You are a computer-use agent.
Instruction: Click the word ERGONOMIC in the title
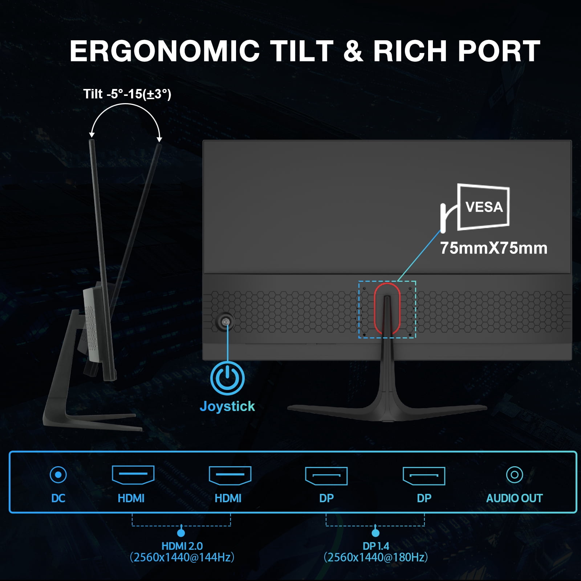[165, 51]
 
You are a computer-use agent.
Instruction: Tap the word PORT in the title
[499, 51]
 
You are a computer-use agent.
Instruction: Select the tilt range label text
[127, 94]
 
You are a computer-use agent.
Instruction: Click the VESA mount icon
[475, 207]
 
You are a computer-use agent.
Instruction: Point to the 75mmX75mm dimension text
[493, 248]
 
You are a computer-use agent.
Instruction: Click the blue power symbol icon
[227, 378]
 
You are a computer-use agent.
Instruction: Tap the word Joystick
[227, 406]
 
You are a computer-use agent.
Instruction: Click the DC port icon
[58, 475]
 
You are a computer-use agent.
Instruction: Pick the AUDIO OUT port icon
[515, 475]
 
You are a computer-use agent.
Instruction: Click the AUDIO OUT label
[515, 498]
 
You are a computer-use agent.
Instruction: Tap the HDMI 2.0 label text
[182, 546]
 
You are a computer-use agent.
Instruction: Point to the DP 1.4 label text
[376, 546]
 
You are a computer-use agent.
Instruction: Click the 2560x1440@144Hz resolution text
[182, 557]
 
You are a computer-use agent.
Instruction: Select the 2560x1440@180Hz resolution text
[376, 557]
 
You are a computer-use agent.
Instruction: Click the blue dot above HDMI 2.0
[181, 533]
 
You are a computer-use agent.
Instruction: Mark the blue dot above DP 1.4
[375, 533]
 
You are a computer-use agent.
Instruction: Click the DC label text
[58, 498]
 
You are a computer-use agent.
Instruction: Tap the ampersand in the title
[353, 51]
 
